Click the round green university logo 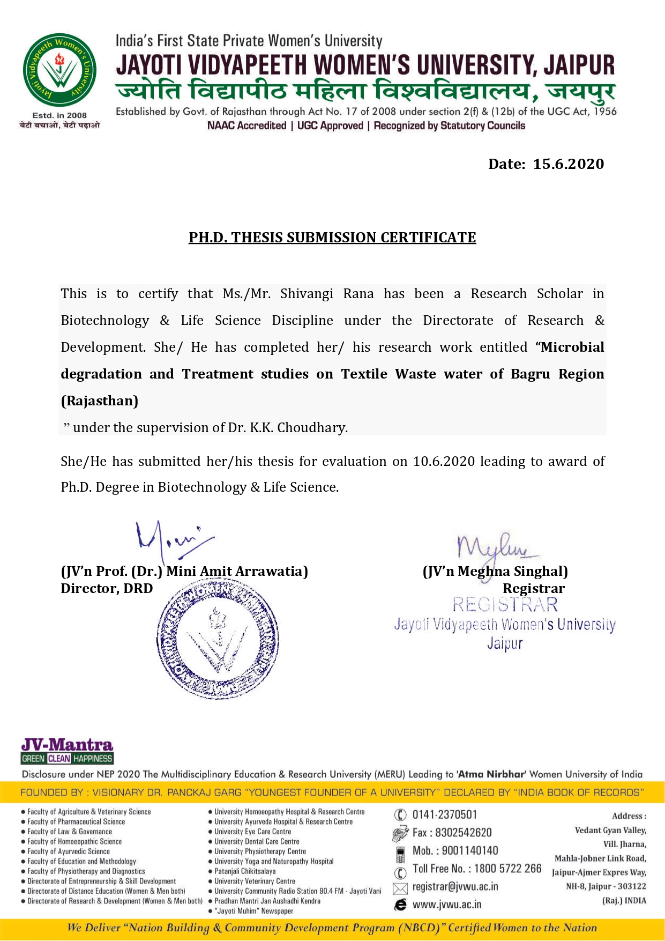(59, 70)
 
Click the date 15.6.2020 (568, 164)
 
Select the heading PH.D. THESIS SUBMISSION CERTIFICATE (332, 238)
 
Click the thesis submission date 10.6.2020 (444, 462)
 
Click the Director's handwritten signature (171, 539)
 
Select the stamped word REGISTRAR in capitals (505, 605)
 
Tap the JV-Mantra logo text (67, 745)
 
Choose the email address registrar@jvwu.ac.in (455, 887)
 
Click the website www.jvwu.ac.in (447, 905)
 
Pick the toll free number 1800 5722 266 (507, 869)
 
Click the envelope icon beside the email (400, 888)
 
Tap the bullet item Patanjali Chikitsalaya (245, 871)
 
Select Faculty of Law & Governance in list (70, 832)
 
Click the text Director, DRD (107, 589)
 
